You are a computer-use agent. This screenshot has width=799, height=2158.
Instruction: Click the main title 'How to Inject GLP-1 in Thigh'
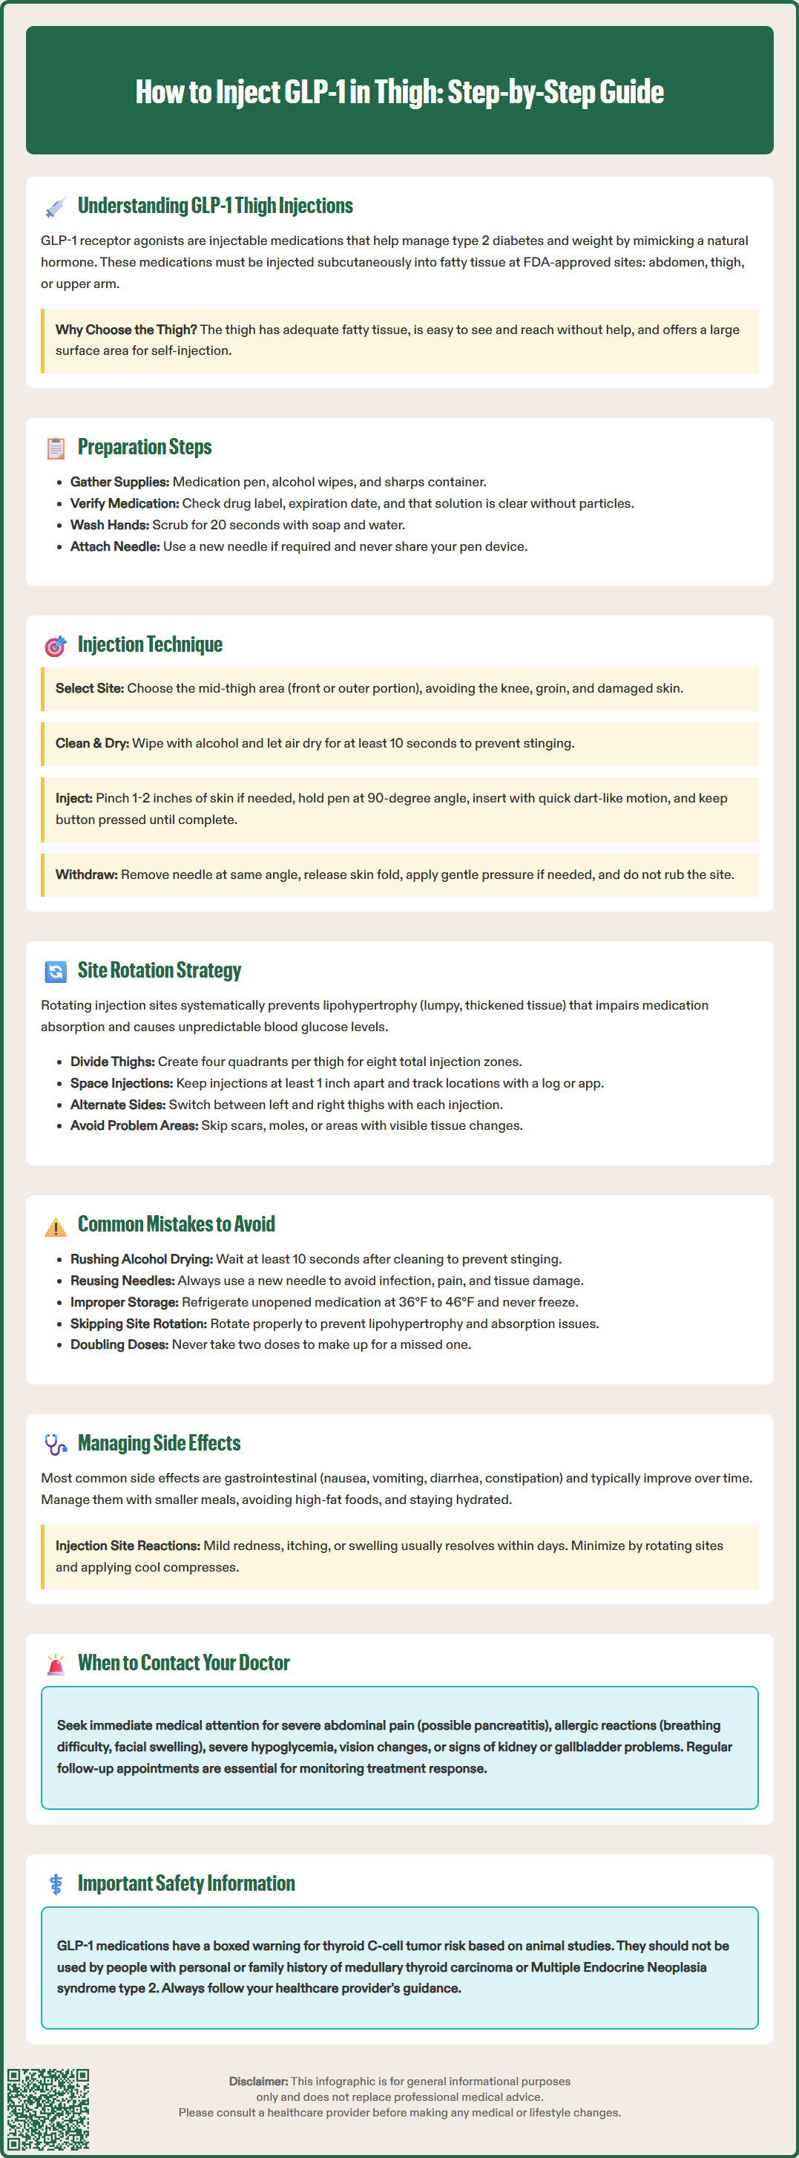[399, 92]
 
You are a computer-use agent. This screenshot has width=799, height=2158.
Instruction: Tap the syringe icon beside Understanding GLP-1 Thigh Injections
[56, 207]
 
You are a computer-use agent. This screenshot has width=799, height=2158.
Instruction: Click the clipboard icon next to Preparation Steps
[56, 448]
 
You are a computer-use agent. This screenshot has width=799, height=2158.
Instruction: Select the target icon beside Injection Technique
[56, 646]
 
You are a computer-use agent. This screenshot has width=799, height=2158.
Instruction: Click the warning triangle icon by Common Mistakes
[56, 1226]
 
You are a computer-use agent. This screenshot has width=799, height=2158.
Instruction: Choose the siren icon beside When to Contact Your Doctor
[56, 1664]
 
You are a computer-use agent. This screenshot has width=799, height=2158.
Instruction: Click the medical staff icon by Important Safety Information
[56, 1884]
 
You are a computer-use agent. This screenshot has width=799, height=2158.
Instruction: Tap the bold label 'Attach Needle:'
[115, 547]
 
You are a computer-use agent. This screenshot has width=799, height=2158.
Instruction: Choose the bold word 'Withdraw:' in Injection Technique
[86, 874]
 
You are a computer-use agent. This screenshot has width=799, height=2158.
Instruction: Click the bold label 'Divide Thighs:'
[112, 1062]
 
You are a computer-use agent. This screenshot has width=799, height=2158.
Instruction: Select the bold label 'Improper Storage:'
[124, 1303]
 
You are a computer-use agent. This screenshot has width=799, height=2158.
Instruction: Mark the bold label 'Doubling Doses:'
[119, 1344]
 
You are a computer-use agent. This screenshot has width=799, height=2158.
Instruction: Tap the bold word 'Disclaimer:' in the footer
[258, 2082]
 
